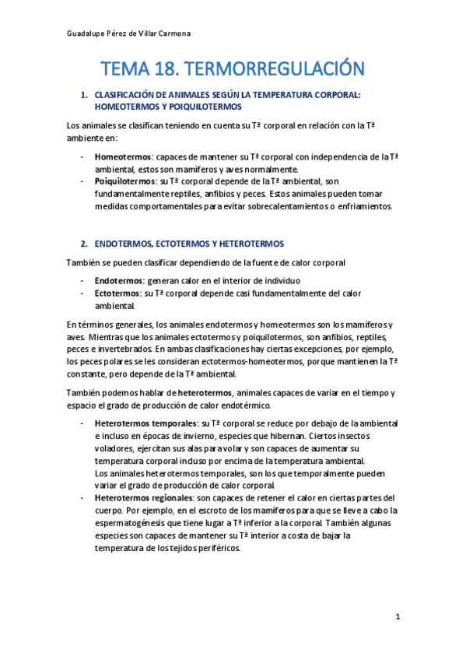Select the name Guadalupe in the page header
(x=82, y=33)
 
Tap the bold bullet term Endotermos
(x=117, y=280)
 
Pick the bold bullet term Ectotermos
(x=117, y=293)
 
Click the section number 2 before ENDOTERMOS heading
(x=84, y=244)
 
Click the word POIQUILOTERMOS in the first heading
(x=203, y=106)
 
